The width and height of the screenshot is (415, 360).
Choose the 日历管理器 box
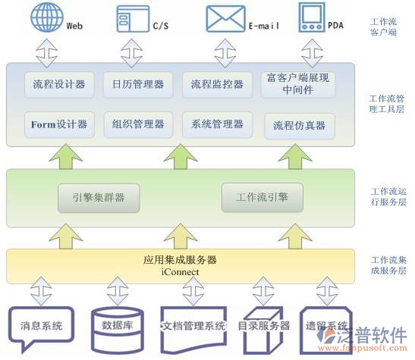pyautogui.click(x=137, y=84)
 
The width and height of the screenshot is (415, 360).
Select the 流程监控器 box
pyautogui.click(x=217, y=84)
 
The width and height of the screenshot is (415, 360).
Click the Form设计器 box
pyautogui.click(x=58, y=124)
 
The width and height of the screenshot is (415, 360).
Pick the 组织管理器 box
pyautogui.click(x=137, y=124)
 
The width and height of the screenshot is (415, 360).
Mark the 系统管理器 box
pyautogui.click(x=217, y=124)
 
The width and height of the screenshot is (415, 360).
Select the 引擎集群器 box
pyautogui.click(x=98, y=197)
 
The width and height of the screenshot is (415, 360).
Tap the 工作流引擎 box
pyautogui.click(x=261, y=197)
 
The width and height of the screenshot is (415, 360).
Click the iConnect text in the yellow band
pyautogui.click(x=180, y=271)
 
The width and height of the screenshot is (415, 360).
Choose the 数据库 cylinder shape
pyautogui.click(x=116, y=327)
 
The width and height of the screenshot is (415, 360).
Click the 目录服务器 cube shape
pyautogui.click(x=263, y=327)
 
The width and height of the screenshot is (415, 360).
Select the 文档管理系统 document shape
pyautogui.click(x=193, y=327)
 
